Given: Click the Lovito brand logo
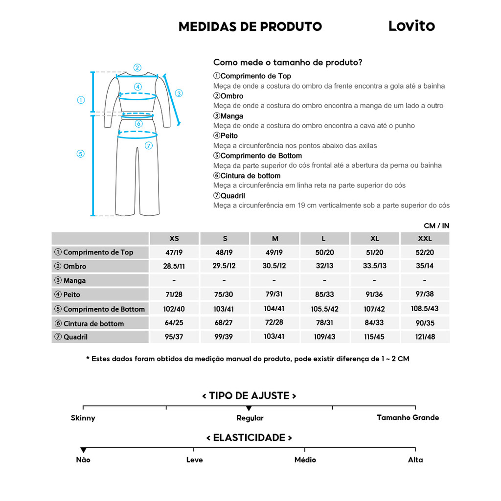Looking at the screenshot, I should (x=411, y=26).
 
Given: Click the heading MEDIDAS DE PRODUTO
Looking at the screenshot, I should (x=250, y=26).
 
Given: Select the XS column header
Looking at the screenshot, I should (x=174, y=239).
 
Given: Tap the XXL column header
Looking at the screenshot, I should (x=425, y=239).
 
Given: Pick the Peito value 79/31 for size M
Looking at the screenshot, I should (x=275, y=295).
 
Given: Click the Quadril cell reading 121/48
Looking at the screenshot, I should (x=425, y=337).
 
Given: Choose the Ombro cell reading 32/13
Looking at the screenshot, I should (x=324, y=266).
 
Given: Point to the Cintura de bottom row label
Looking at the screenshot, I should (x=93, y=323).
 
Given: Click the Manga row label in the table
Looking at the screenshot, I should (x=74, y=280).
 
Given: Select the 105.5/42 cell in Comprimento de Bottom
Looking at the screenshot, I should (x=324, y=309).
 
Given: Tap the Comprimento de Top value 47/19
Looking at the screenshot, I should (x=174, y=252).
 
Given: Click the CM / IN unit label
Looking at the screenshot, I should (x=436, y=226).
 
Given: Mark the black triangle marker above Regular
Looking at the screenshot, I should (x=249, y=408).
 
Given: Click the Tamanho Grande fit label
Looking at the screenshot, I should (x=408, y=418).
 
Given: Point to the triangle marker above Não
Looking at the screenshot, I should (x=83, y=450).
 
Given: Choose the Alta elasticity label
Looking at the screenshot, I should (x=415, y=460).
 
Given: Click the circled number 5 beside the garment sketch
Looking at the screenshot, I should (x=81, y=154).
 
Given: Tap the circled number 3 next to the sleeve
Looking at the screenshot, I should (x=179, y=93).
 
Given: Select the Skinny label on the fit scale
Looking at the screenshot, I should (x=83, y=418).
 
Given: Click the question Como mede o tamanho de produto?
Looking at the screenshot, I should (x=288, y=63).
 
